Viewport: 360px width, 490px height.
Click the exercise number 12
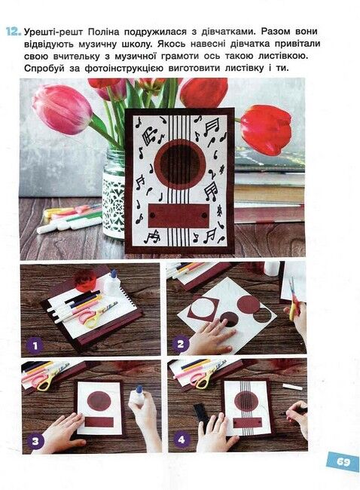(14, 32)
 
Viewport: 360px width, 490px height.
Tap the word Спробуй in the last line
(44, 69)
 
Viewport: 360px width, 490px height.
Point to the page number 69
(343, 461)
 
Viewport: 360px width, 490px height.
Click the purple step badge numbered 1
(35, 345)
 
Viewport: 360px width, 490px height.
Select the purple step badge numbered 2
(180, 344)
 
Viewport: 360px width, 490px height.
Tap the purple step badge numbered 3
(35, 441)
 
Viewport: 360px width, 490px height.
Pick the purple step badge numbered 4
(182, 439)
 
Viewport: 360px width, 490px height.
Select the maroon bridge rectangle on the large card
(178, 216)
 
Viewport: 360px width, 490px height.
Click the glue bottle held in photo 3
(138, 396)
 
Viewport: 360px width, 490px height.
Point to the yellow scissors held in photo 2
(293, 299)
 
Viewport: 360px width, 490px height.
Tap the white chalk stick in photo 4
(292, 387)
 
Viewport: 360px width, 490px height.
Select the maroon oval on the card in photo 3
(99, 401)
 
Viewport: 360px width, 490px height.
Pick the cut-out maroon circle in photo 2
(249, 304)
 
